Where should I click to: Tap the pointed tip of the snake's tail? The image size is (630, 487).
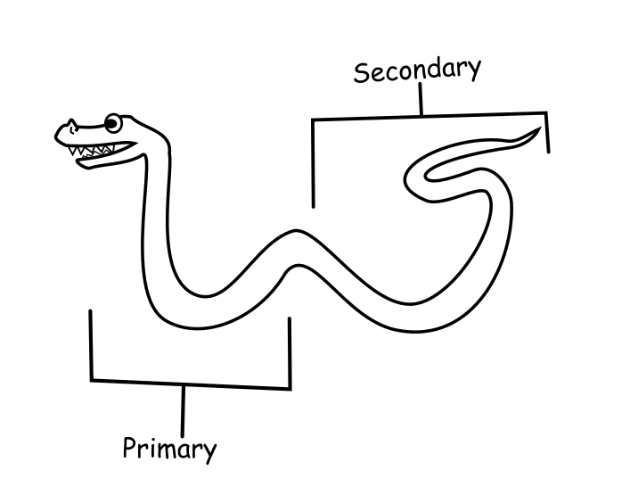tap(540, 129)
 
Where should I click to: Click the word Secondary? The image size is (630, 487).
tap(417, 70)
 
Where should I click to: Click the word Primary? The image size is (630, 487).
tap(169, 447)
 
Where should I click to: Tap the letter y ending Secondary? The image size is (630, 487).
tap(473, 69)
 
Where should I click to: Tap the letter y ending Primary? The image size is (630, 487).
tap(209, 451)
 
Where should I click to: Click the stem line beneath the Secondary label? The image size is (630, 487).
tap(421, 102)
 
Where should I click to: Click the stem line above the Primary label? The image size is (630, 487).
tap(184, 409)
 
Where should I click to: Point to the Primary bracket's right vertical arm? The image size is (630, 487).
tap(290, 353)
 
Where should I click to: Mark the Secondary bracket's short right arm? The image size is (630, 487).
tap(546, 132)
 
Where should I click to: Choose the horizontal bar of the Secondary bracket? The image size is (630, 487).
tap(428, 116)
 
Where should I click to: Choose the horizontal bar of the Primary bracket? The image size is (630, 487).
tap(191, 384)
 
